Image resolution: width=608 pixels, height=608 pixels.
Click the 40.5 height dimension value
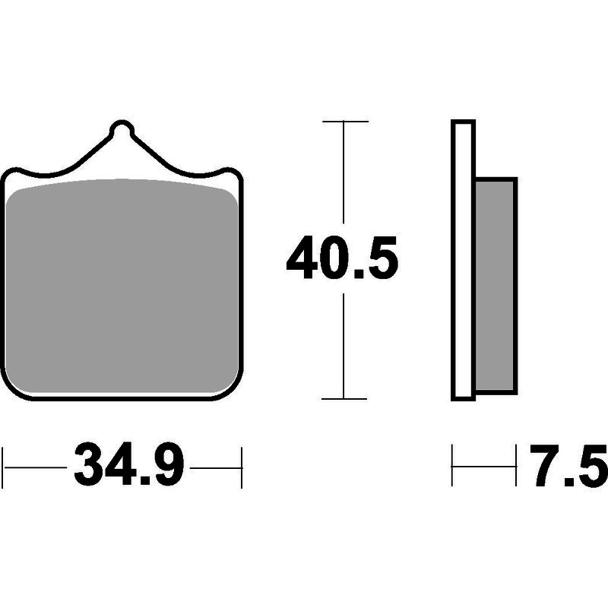(342, 258)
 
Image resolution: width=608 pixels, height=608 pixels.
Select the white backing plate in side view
(463, 260)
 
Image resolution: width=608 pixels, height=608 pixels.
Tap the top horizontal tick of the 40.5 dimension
(345, 122)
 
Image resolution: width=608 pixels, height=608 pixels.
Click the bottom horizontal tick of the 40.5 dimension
(344, 398)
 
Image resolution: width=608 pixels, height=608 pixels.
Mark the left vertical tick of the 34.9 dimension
(3, 467)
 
